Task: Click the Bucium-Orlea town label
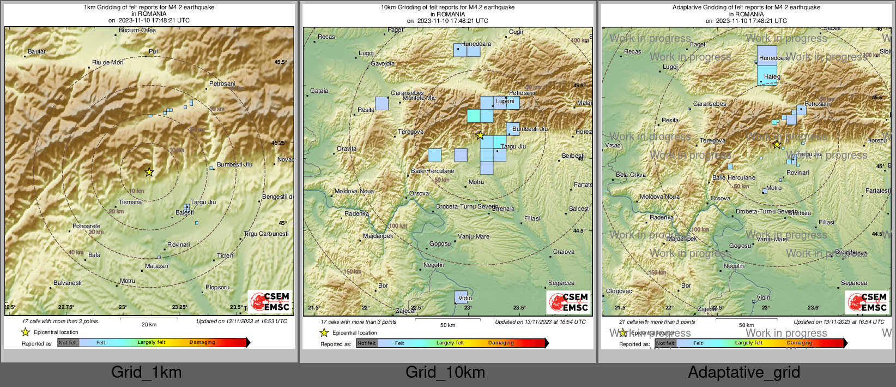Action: coord(137,31)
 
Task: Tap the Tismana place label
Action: coord(130,202)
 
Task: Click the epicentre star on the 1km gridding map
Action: coord(149,172)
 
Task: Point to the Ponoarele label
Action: coord(86,226)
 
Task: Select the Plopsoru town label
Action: coord(217,287)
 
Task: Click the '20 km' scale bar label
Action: coord(149,325)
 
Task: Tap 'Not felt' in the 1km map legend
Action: coord(68,343)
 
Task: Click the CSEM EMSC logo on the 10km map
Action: coord(568,302)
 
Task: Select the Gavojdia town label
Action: coord(383,64)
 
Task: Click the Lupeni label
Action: coord(505,101)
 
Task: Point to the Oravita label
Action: coord(347,148)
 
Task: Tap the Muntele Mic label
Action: coord(419,98)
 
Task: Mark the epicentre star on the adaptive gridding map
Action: coord(777,145)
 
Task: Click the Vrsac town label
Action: coord(613,146)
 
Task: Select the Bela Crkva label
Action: coord(631,175)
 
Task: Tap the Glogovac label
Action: coord(619,291)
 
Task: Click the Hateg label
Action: coord(772,77)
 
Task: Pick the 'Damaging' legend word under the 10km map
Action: coord(501,343)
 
